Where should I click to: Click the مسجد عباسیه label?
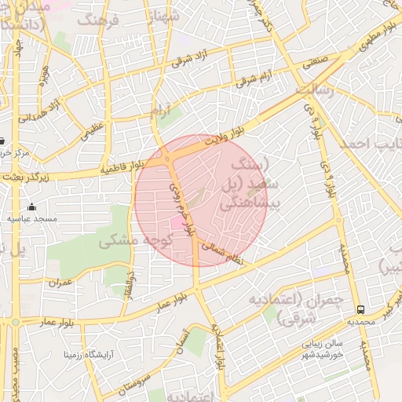click(x=32, y=218)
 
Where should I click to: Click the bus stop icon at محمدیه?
click(x=360, y=309)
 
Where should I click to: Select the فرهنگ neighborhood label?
click(x=101, y=20)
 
